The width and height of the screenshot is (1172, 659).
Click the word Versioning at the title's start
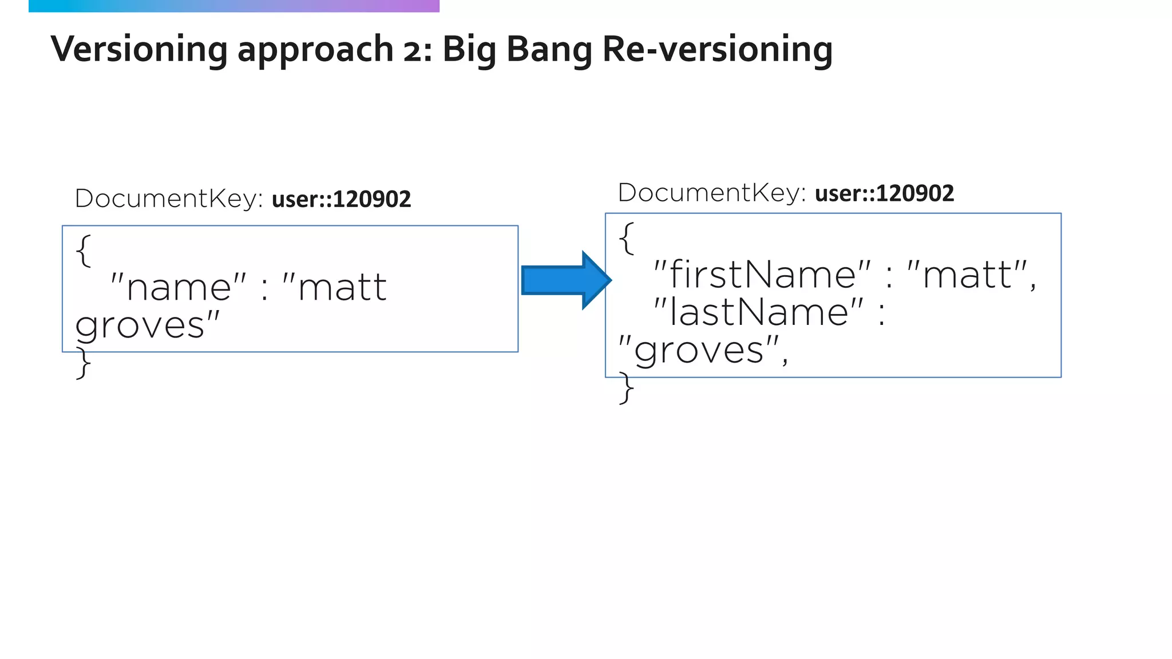point(139,49)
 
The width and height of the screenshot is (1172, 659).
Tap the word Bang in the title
point(549,50)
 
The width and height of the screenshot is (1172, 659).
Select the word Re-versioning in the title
point(718,49)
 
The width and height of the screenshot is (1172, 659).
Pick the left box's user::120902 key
point(341,200)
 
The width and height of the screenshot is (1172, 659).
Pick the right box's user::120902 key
point(884,194)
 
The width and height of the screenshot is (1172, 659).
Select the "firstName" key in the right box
point(762,275)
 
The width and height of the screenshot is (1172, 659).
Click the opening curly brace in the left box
point(84,251)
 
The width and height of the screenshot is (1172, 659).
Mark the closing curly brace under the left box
point(84,363)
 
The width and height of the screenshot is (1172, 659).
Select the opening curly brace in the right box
point(627,238)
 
